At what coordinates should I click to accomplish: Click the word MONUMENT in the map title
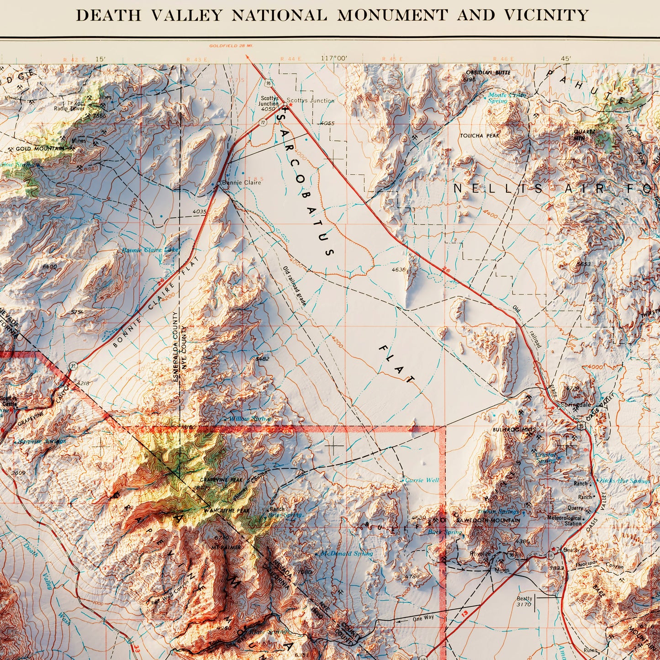pos(392,15)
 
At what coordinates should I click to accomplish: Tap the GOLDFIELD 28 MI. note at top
pos(231,46)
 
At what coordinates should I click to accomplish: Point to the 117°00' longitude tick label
pos(334,58)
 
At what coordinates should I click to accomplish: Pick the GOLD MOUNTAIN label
pos(40,149)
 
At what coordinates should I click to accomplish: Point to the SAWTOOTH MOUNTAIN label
pos(494,520)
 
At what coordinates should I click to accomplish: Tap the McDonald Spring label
pos(347,553)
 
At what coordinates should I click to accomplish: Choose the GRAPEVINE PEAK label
pos(221,480)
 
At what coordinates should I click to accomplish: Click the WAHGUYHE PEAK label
pos(227,510)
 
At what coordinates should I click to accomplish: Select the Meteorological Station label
pos(565,521)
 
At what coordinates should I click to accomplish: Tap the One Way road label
pos(423,618)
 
